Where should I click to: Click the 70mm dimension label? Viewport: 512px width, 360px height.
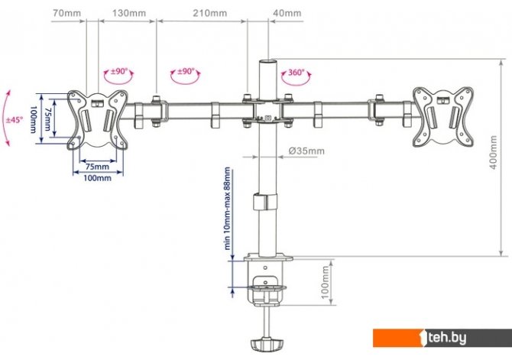coord(67,13)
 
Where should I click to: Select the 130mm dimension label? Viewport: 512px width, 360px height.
coord(129,13)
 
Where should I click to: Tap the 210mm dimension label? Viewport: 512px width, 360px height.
coord(210,13)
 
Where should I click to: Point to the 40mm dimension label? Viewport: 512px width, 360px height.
coord(287,13)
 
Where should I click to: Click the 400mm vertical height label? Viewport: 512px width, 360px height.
coord(494,153)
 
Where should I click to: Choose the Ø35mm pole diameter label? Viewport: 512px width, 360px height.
coord(306,151)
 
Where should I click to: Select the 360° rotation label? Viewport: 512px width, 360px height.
coord(297,73)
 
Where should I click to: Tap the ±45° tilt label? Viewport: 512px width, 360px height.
coord(15,120)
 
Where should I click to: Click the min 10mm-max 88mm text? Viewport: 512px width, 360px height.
coord(228,209)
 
